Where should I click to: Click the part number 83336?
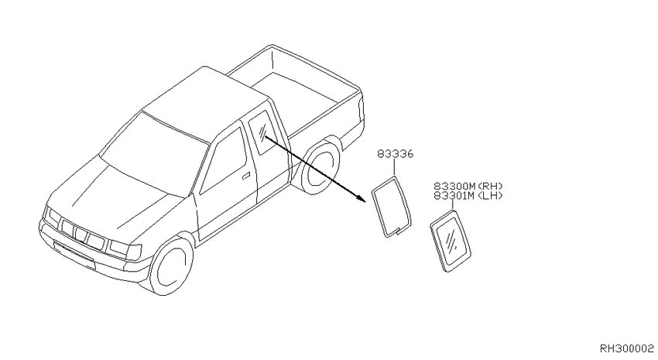point(395,154)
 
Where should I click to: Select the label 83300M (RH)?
point(468,186)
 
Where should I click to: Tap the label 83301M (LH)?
point(468,195)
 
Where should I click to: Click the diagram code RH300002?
point(626,348)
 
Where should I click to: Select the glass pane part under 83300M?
point(451,242)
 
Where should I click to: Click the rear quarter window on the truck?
point(261,132)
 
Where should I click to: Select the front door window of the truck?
point(223,162)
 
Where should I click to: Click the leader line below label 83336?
point(395,167)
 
